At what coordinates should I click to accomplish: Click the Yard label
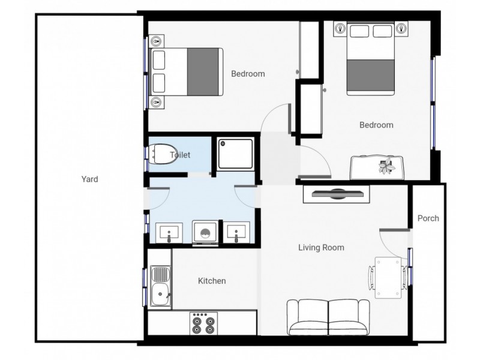click(90, 179)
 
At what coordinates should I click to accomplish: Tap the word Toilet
click(180, 155)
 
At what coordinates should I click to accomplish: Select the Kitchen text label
click(212, 281)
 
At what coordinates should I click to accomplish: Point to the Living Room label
click(322, 247)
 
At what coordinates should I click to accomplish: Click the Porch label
click(428, 218)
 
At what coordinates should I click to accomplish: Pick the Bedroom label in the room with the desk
click(376, 125)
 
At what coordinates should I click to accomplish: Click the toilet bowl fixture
click(161, 154)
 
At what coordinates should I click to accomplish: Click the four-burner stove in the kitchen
click(203, 325)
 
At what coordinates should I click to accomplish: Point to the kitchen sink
click(160, 294)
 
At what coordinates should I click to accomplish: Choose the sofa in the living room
click(328, 317)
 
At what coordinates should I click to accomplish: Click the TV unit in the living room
click(337, 194)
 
